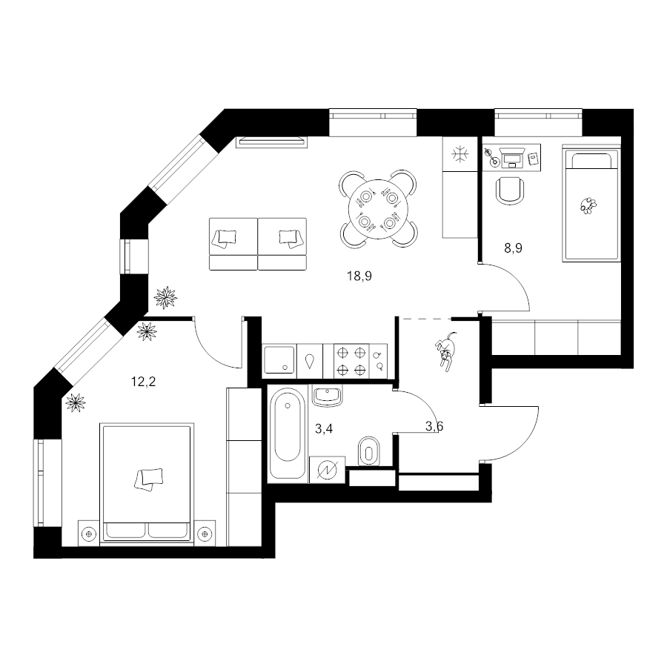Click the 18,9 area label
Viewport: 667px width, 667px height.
pyautogui.click(x=359, y=276)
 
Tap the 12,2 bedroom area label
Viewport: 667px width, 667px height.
pyautogui.click(x=143, y=382)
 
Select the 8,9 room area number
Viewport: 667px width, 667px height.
pyautogui.click(x=513, y=248)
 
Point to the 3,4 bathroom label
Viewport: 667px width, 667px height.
pyautogui.click(x=324, y=429)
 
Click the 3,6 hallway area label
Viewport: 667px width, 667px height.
pyautogui.click(x=434, y=426)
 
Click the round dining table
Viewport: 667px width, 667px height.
pyautogui.click(x=378, y=208)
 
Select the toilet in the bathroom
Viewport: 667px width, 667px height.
pyautogui.click(x=369, y=451)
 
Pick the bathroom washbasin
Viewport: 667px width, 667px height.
pyautogui.click(x=327, y=395)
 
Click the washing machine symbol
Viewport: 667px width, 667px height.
pyautogui.click(x=327, y=470)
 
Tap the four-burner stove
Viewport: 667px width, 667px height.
pyautogui.click(x=351, y=361)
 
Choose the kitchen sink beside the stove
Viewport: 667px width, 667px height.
pyautogui.click(x=279, y=360)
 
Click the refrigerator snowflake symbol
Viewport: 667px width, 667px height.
pyautogui.click(x=459, y=154)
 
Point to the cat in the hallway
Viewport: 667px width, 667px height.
pyautogui.click(x=445, y=350)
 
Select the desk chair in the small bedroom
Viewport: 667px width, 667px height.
pyautogui.click(x=511, y=190)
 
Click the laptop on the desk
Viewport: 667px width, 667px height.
pyautogui.click(x=511, y=158)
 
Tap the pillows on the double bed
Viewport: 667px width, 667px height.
pyautogui.click(x=148, y=479)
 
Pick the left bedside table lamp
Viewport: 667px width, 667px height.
pyautogui.click(x=88, y=534)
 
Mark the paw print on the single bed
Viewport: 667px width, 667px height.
pyautogui.click(x=588, y=205)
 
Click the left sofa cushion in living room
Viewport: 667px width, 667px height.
pyautogui.click(x=225, y=237)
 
